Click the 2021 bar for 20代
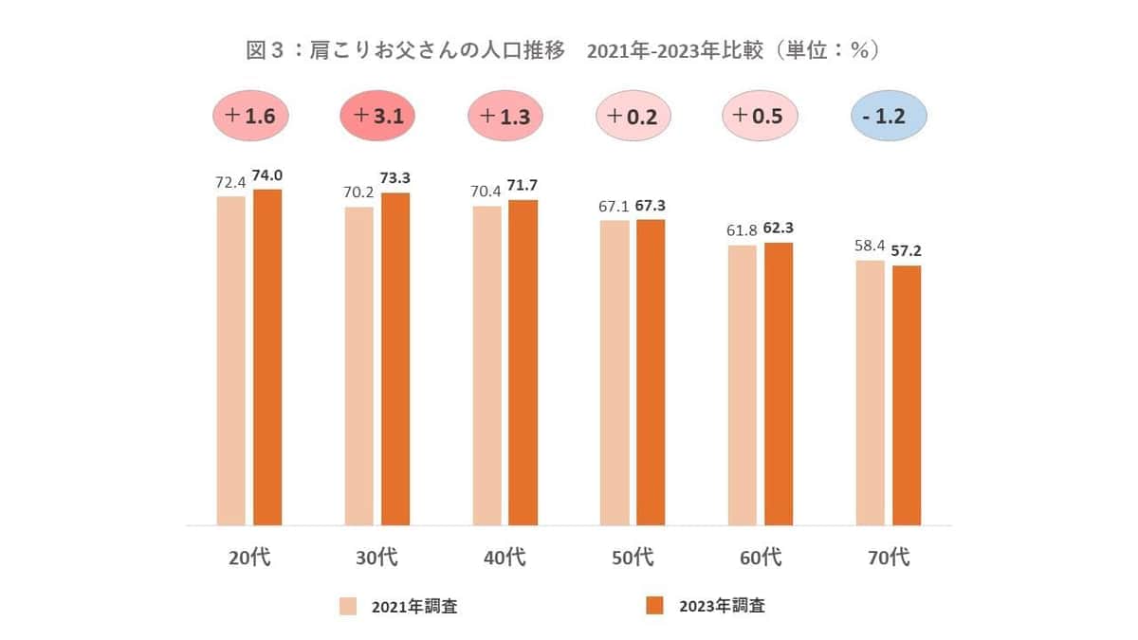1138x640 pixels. (231, 360)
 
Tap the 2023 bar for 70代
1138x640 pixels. (907, 394)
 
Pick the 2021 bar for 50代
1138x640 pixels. (615, 372)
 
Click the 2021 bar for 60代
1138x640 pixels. (743, 384)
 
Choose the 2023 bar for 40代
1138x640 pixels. (523, 362)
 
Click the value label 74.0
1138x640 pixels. (268, 176)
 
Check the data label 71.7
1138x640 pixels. (523, 186)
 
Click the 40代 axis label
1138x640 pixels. (505, 558)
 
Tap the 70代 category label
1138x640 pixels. (889, 558)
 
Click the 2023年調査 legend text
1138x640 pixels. (722, 606)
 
